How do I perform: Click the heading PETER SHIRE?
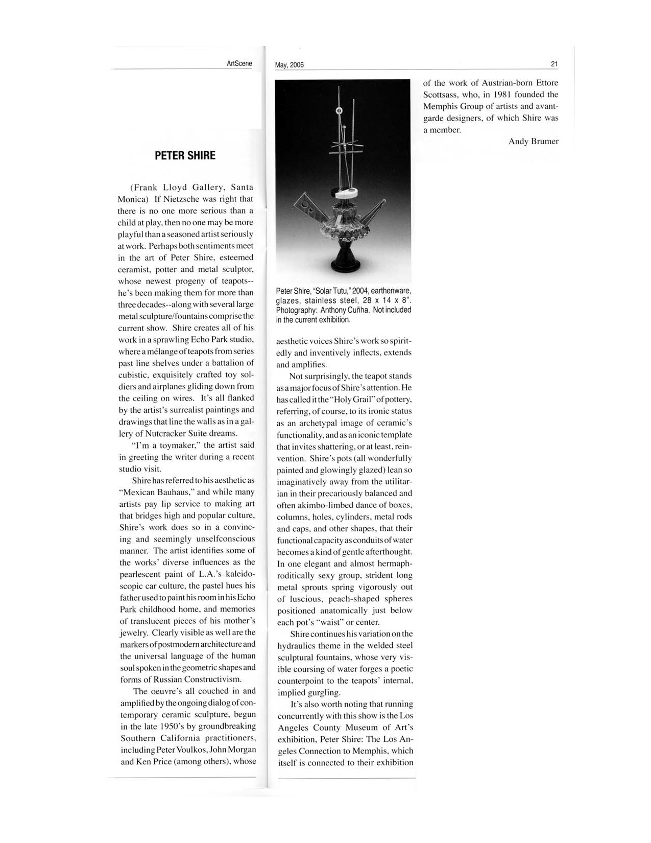[185, 155]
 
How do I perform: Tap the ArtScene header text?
[239, 63]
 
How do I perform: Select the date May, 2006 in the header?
[289, 65]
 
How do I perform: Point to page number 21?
[554, 64]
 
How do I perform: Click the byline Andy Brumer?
[533, 142]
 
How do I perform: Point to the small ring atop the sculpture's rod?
[337, 111]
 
